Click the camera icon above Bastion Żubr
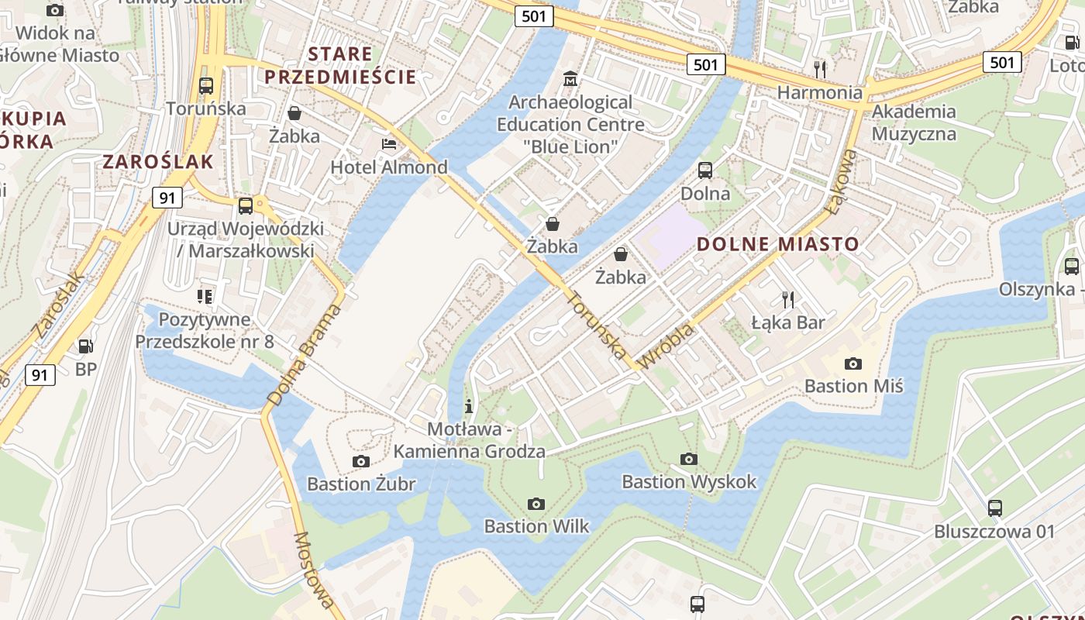click(x=360, y=462)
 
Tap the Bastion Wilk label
click(x=536, y=526)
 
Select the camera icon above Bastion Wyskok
click(x=688, y=460)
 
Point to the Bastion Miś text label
click(x=853, y=385)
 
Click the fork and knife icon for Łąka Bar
click(x=788, y=299)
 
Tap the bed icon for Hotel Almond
click(x=389, y=144)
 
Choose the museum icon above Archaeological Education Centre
click(x=570, y=78)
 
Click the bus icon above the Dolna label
click(x=705, y=170)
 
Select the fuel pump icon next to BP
click(x=86, y=346)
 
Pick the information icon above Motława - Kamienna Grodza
click(x=468, y=405)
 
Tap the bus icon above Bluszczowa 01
click(x=994, y=508)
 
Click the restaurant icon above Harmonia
click(x=820, y=69)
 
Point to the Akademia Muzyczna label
click(x=914, y=122)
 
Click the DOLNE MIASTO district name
click(x=778, y=244)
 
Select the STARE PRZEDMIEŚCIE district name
click(x=341, y=66)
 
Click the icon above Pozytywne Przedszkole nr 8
click(x=205, y=296)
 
